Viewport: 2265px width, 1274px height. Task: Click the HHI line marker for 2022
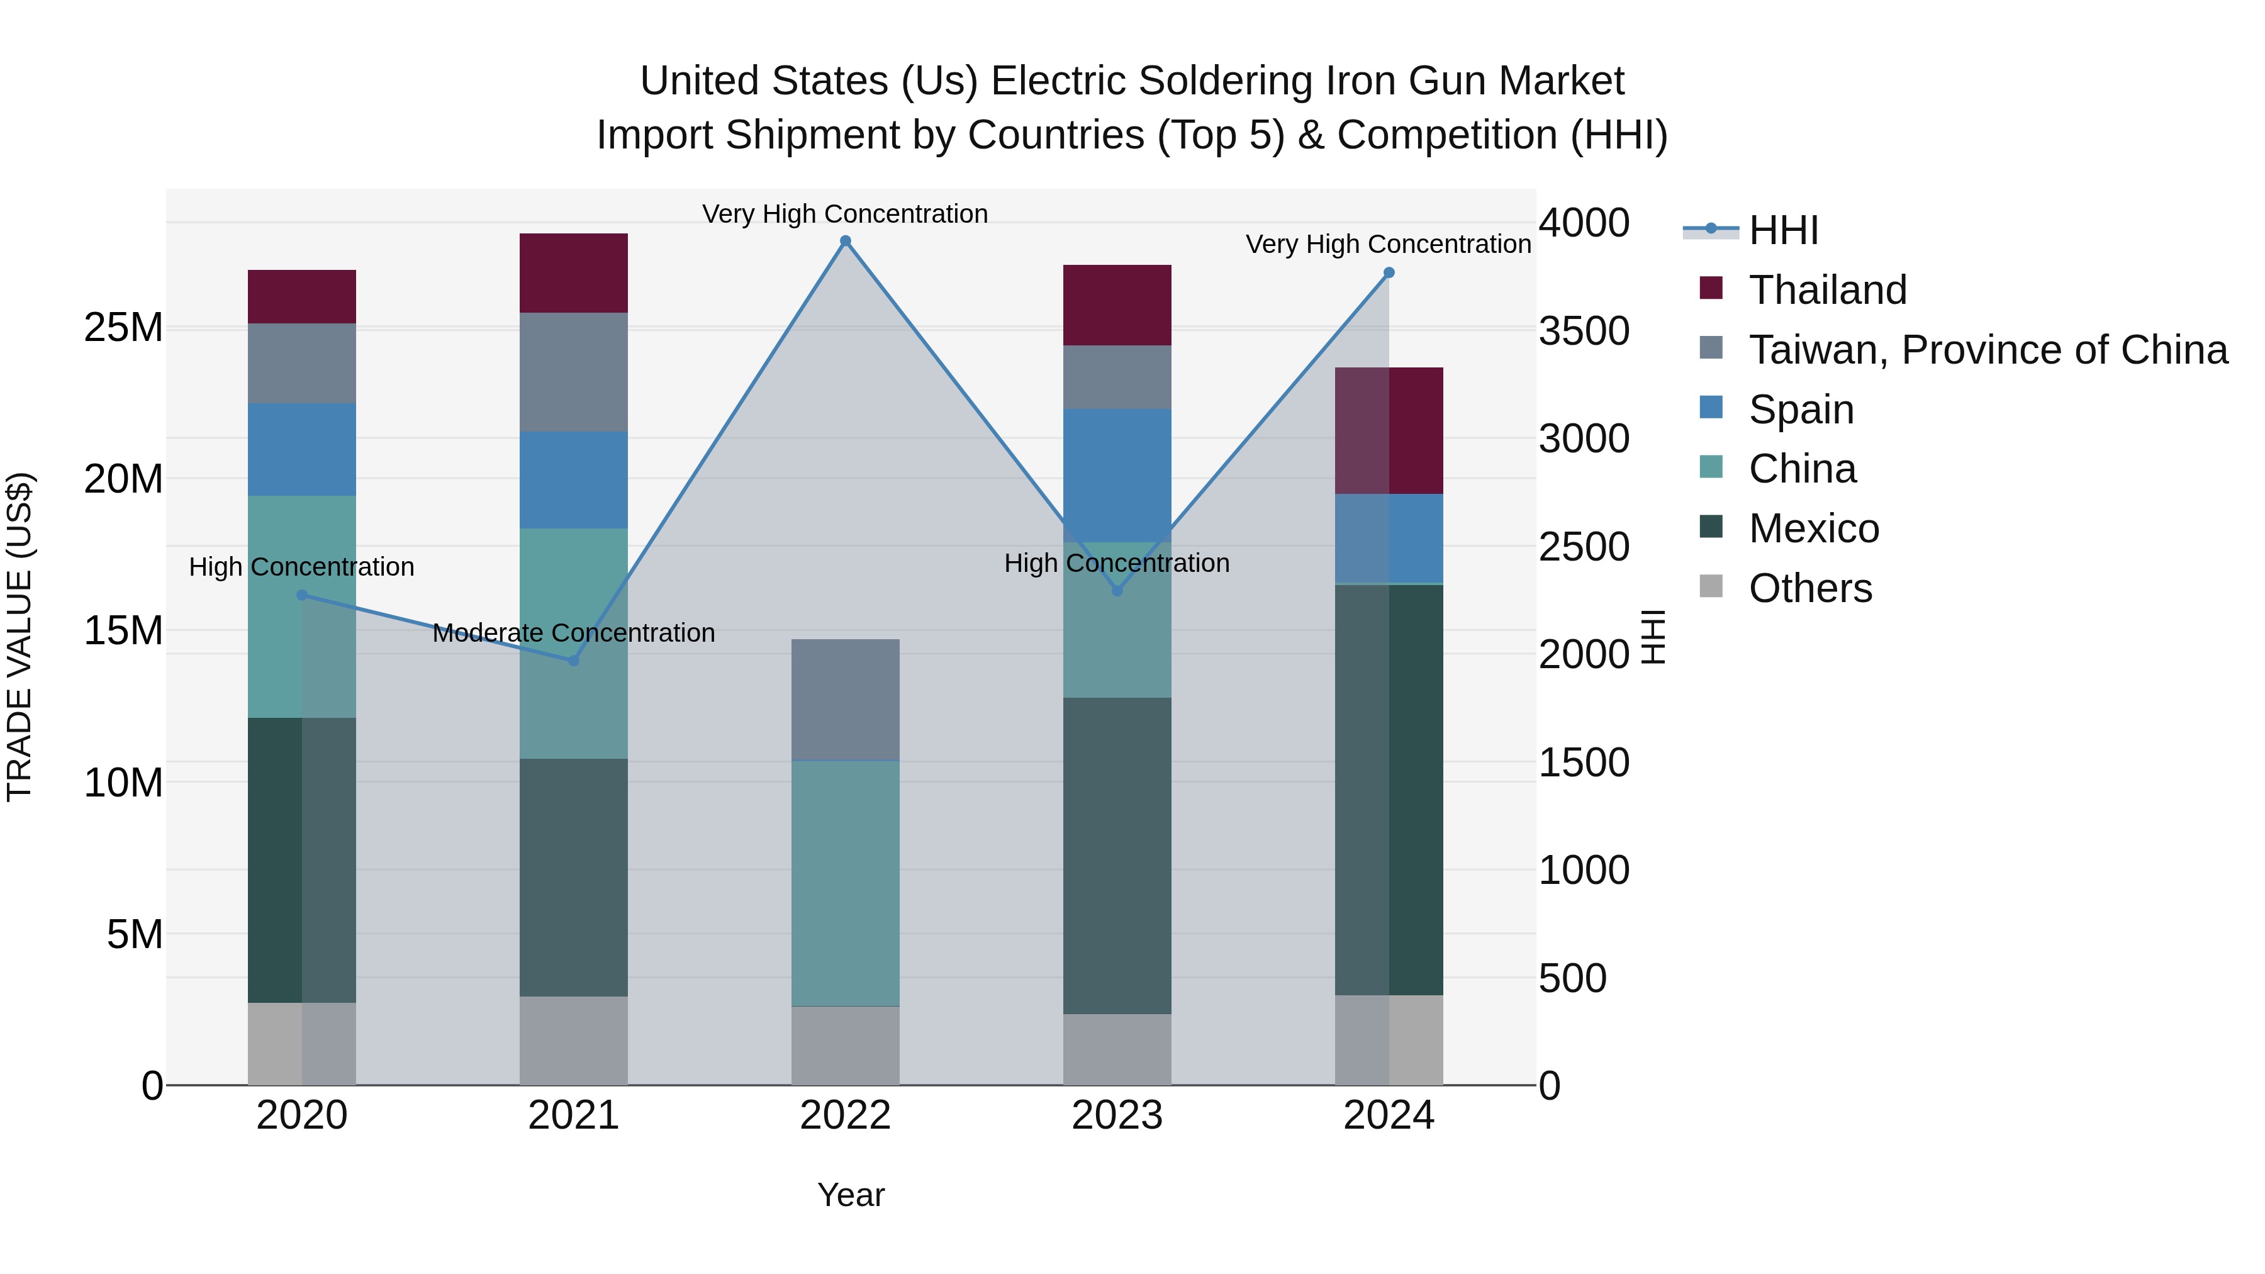point(845,241)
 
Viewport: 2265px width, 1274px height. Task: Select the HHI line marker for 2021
point(574,661)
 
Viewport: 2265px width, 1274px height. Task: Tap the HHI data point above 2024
point(1389,272)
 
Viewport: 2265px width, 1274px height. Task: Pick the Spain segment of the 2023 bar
point(1117,475)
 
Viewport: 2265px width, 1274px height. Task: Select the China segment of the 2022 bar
point(845,883)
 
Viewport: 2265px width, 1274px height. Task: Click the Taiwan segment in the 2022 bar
point(845,699)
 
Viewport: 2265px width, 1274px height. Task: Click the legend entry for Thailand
point(1827,290)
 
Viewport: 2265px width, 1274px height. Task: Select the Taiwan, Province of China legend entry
point(1987,350)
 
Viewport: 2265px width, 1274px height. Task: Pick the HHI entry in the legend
point(1783,230)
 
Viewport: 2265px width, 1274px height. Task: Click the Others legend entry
point(1809,588)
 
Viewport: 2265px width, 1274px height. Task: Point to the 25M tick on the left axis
point(123,328)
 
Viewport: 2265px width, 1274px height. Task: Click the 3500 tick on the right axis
point(1584,332)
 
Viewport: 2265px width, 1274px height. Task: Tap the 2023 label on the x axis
point(1117,1115)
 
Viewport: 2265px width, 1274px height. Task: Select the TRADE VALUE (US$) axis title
point(20,637)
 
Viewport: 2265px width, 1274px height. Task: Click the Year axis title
point(850,1195)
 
